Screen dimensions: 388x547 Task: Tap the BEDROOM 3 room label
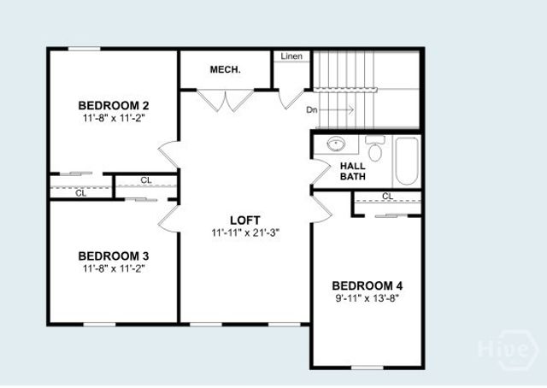(x=114, y=256)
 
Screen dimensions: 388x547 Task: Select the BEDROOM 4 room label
(x=367, y=285)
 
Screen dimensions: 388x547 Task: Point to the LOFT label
(x=244, y=220)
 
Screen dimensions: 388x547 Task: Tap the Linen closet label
(x=291, y=56)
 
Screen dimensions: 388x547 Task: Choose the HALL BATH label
(x=353, y=171)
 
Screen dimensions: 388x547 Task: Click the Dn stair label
(x=313, y=109)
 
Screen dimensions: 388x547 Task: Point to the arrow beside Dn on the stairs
(x=339, y=109)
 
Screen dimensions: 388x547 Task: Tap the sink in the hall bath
(x=336, y=144)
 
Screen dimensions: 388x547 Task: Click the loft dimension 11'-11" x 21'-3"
(x=247, y=232)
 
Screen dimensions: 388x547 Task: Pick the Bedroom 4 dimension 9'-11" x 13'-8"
(x=367, y=298)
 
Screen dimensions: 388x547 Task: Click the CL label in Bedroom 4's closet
(x=387, y=197)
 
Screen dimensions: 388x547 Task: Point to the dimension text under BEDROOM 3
(x=114, y=268)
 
